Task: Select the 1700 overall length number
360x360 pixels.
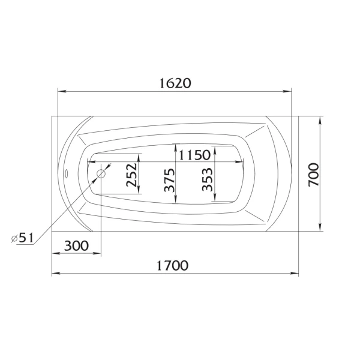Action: [x=173, y=265]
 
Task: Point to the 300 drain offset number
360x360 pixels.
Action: [x=76, y=245]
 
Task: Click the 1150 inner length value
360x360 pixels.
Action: [x=194, y=155]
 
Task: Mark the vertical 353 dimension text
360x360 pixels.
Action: [x=207, y=178]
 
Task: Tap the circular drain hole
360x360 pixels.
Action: [x=101, y=174]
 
